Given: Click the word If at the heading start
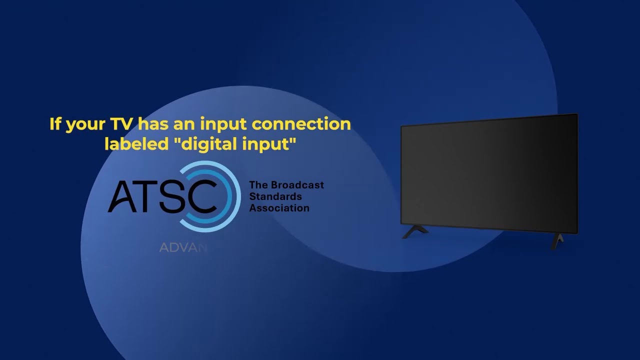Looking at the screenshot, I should click(x=55, y=123).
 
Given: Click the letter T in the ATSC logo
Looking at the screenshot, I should click(x=149, y=196).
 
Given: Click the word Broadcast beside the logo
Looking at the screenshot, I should click(x=297, y=185).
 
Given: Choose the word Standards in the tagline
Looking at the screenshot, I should click(x=275, y=196).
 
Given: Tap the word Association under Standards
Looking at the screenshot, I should click(x=279, y=208).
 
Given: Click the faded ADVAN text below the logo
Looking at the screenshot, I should click(x=183, y=248).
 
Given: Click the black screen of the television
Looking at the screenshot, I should click(x=489, y=172).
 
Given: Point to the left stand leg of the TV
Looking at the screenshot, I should click(x=415, y=231).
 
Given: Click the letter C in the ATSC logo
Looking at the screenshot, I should click(x=202, y=196).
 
